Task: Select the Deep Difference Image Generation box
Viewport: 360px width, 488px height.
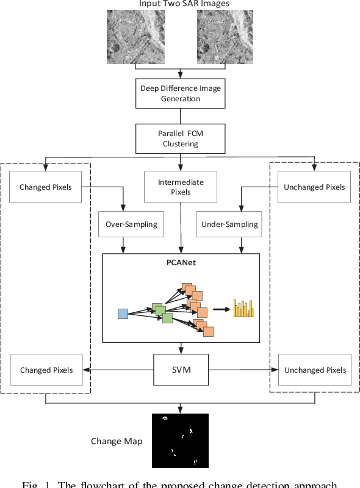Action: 181,93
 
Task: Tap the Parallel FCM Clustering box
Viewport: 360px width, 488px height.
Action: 181,138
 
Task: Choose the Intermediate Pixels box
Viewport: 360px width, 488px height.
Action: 181,187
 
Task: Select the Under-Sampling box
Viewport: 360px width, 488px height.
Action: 229,224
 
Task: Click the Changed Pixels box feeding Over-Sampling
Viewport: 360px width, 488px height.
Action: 46,187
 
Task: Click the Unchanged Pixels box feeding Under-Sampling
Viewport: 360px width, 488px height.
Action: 314,187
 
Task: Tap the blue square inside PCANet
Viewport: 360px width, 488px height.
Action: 123,314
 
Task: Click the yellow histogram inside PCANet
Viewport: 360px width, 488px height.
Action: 243,309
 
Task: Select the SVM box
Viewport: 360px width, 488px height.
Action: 181,370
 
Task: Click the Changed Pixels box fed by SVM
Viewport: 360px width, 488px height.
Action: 46,370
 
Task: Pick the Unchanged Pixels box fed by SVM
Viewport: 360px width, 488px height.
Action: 314,370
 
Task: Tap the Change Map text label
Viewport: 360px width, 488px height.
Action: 117,441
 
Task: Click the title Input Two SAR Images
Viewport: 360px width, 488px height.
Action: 180,4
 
